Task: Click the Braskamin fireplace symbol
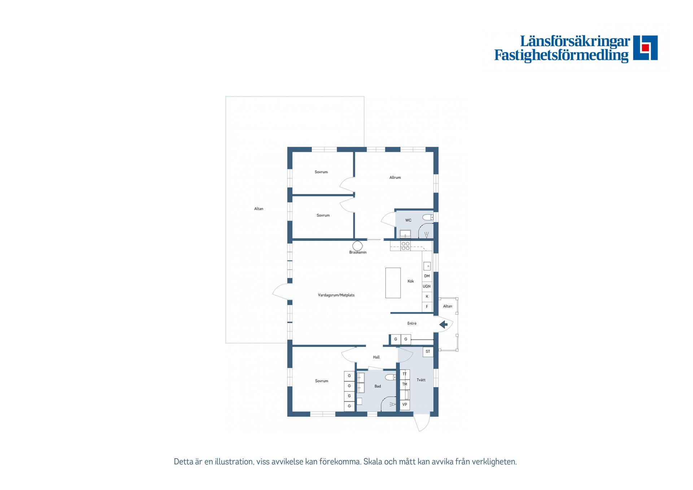tap(357, 246)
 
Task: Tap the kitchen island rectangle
tap(393, 283)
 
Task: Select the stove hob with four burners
tap(406, 246)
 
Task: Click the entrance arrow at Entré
tap(443, 325)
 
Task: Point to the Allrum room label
tap(395, 177)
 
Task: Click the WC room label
tap(408, 220)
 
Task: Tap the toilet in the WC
tap(428, 217)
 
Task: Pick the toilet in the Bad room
tap(391, 377)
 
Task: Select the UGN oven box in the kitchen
tap(427, 286)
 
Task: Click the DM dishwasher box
tap(427, 276)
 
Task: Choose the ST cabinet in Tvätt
tap(428, 352)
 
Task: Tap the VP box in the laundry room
tap(405, 405)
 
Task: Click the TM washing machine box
tap(405, 385)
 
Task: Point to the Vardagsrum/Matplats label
tap(336, 295)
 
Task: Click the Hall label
tap(376, 357)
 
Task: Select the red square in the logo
tap(645, 48)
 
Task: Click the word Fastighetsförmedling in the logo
tap(561, 55)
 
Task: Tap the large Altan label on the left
tap(259, 209)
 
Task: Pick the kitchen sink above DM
tap(427, 266)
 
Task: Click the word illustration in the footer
tap(234, 462)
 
